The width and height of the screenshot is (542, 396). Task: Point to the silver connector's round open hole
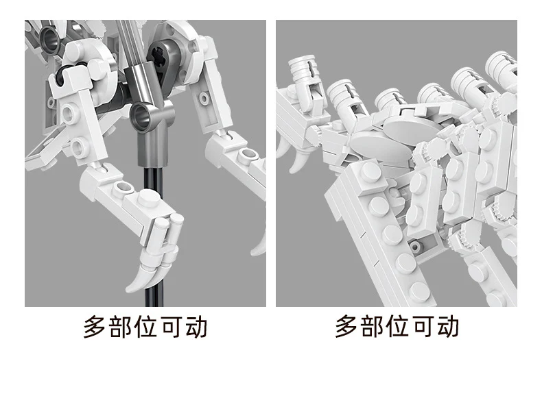click(x=141, y=116)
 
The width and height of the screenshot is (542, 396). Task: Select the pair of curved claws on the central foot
click(x=152, y=273)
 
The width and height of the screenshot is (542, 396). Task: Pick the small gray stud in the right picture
click(x=416, y=246)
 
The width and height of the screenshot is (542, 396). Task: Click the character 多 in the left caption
click(x=95, y=326)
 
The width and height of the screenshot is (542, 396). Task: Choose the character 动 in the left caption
click(x=196, y=326)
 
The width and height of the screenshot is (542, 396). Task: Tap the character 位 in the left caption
click(x=145, y=326)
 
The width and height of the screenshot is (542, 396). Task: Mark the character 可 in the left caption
click(x=171, y=326)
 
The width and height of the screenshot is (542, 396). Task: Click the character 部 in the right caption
click(x=372, y=326)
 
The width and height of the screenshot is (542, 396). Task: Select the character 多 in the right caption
click(x=346, y=326)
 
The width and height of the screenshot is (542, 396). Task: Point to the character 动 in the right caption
click(x=448, y=326)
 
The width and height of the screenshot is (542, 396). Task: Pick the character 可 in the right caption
click(x=423, y=326)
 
